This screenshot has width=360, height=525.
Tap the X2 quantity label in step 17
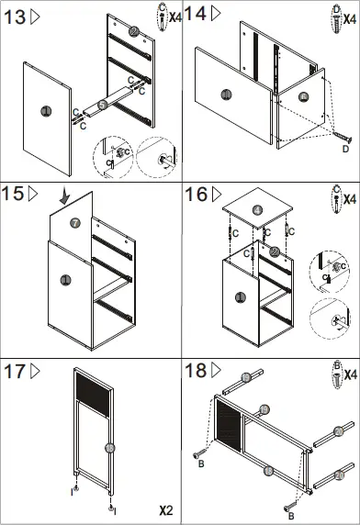pyautogui.click(x=166, y=508)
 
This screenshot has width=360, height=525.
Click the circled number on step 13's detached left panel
pyautogui.click(x=46, y=110)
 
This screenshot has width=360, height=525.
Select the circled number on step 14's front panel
pyautogui.click(x=225, y=95)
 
